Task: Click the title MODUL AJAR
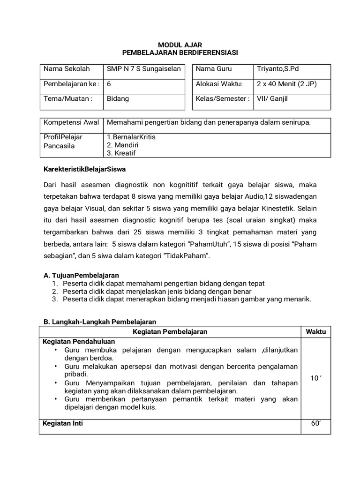180,44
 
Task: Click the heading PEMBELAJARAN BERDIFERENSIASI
180,52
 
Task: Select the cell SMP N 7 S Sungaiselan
143,69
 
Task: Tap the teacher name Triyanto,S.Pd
277,69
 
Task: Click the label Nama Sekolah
67,69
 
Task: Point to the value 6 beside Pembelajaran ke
109,84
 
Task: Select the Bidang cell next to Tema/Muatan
118,99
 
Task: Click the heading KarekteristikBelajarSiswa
85,168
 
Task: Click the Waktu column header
315,332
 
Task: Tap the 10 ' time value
315,378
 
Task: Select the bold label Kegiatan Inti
63,423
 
